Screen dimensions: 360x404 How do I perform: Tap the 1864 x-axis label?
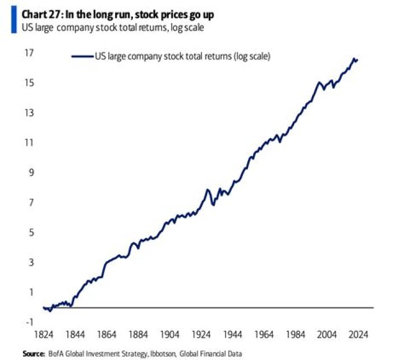(x=106, y=335)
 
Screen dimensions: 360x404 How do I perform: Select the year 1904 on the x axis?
(x=169, y=335)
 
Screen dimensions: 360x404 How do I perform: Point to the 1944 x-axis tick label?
(x=232, y=335)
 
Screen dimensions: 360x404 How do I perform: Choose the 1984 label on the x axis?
(x=295, y=335)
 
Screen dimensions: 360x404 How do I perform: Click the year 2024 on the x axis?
(x=358, y=335)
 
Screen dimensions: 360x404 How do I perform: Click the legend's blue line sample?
(x=82, y=56)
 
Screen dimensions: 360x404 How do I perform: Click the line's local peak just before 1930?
(x=208, y=190)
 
